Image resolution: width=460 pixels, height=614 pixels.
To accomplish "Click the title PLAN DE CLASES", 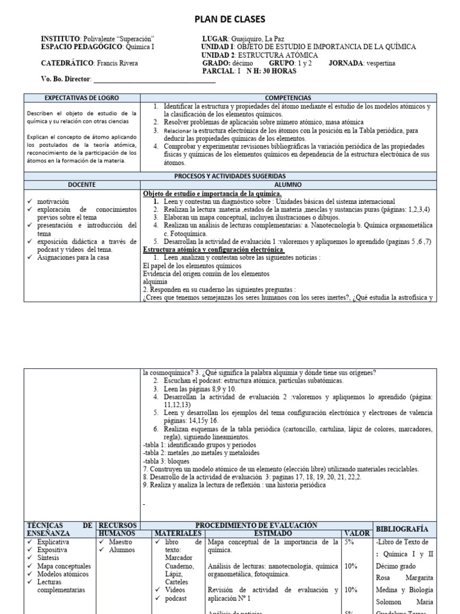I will [x=229, y=20].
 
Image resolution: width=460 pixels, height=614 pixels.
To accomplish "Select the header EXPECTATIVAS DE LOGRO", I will [x=81, y=98].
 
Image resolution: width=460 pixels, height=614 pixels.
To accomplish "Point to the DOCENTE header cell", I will [x=81, y=185].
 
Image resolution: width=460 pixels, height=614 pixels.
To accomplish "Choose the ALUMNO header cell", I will [x=288, y=185].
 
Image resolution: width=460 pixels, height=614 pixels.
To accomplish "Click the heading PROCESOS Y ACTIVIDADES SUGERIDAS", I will [x=230, y=176].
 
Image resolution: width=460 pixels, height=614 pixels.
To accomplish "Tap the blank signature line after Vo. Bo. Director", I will [x=147, y=79].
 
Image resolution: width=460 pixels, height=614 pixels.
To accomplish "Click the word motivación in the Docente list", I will [x=53, y=202].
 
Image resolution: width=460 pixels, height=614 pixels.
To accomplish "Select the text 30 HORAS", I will [x=268, y=71].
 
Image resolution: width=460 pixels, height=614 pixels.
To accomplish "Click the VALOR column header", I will [x=356, y=533].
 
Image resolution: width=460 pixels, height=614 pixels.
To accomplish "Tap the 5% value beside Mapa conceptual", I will [x=349, y=542].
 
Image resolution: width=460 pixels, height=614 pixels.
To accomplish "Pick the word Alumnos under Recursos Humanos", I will [x=122, y=550].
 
